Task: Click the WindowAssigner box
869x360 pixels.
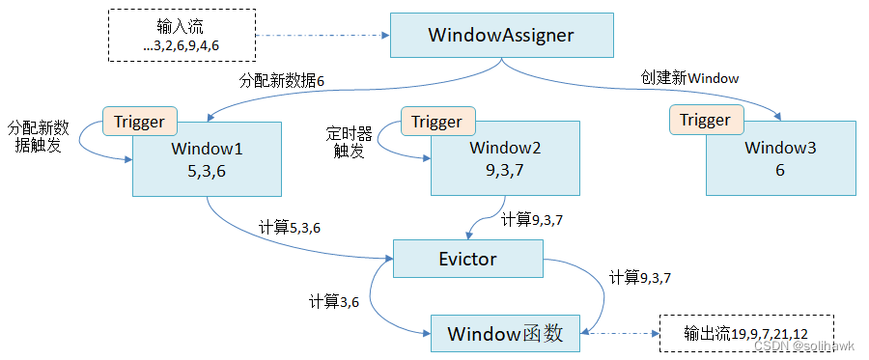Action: click(x=500, y=36)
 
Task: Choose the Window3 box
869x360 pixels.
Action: click(x=780, y=160)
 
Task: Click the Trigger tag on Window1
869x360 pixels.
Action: click(x=140, y=122)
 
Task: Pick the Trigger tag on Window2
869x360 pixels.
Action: click(x=436, y=122)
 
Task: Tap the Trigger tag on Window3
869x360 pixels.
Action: click(x=705, y=120)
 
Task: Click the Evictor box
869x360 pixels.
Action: click(x=467, y=259)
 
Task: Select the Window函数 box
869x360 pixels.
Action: click(x=503, y=334)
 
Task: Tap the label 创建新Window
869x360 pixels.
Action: click(x=690, y=77)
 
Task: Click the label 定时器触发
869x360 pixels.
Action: click(x=348, y=142)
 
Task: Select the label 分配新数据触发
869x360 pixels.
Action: click(x=39, y=136)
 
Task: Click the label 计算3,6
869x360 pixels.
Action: click(x=335, y=300)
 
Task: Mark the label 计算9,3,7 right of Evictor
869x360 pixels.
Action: click(x=639, y=277)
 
